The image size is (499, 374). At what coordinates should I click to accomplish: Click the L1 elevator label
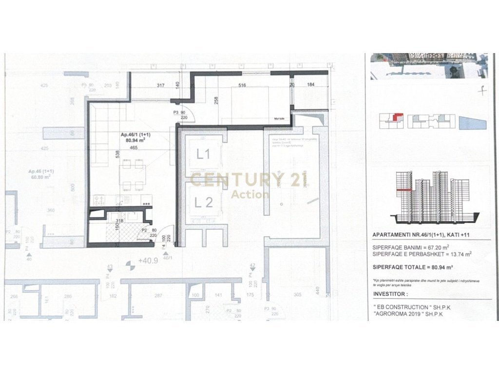(x=203, y=154)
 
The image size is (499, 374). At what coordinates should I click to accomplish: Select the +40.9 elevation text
(x=148, y=261)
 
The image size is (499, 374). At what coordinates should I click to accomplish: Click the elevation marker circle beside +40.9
(x=130, y=265)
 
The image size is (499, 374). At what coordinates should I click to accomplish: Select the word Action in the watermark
(x=250, y=194)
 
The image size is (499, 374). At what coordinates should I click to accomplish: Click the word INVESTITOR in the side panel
(x=390, y=294)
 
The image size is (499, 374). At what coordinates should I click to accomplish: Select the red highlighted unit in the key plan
(x=398, y=117)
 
